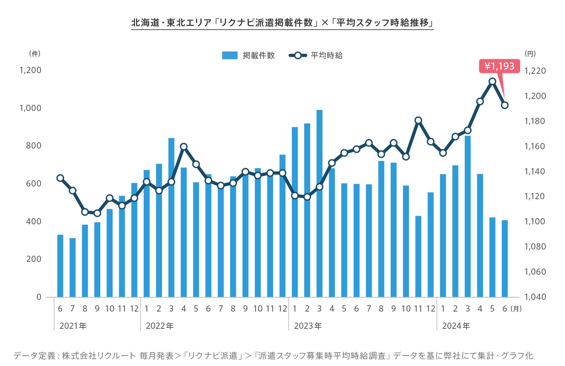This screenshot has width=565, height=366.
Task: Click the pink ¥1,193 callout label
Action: point(499,66)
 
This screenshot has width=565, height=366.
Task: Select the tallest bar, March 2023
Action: point(319,203)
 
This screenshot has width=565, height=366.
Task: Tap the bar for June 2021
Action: point(60,266)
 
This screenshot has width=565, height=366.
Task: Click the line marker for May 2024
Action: point(492,82)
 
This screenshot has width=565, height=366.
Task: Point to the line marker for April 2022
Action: point(184,147)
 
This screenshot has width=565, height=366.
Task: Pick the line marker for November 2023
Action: point(418,120)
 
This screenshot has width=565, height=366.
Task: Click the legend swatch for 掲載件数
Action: point(230,55)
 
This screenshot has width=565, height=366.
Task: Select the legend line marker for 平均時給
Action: point(298,55)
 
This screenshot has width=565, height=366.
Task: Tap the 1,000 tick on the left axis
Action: point(30,108)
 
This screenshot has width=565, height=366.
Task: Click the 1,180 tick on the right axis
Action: point(535,121)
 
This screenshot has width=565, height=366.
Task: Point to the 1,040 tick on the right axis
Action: point(535,297)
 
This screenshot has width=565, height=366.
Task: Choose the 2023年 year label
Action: point(308,326)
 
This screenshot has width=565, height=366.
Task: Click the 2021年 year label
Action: point(73,326)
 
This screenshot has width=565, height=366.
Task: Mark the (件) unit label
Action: point(35,54)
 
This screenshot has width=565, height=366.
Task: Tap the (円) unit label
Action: point(530,54)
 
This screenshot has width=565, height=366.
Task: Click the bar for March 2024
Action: point(468,216)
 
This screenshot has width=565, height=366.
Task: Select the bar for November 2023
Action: point(418,256)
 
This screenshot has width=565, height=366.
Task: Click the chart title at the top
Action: point(282,23)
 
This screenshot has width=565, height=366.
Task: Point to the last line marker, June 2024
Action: point(505,105)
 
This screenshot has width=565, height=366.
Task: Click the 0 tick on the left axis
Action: point(39,297)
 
